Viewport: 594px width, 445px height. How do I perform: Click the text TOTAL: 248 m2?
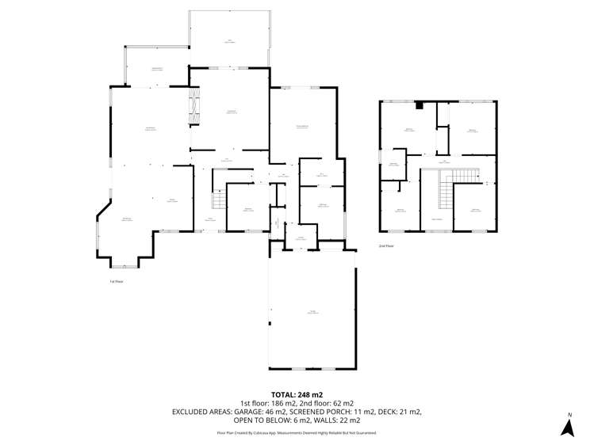(297, 394)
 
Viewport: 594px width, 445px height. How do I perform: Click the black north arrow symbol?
(568, 428)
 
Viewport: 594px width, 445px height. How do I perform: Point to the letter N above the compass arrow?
(569, 415)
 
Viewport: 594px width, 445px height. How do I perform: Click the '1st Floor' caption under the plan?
(117, 281)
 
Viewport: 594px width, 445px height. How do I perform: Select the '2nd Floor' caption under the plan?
(386, 246)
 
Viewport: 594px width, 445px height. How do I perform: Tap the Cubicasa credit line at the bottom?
(297, 433)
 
